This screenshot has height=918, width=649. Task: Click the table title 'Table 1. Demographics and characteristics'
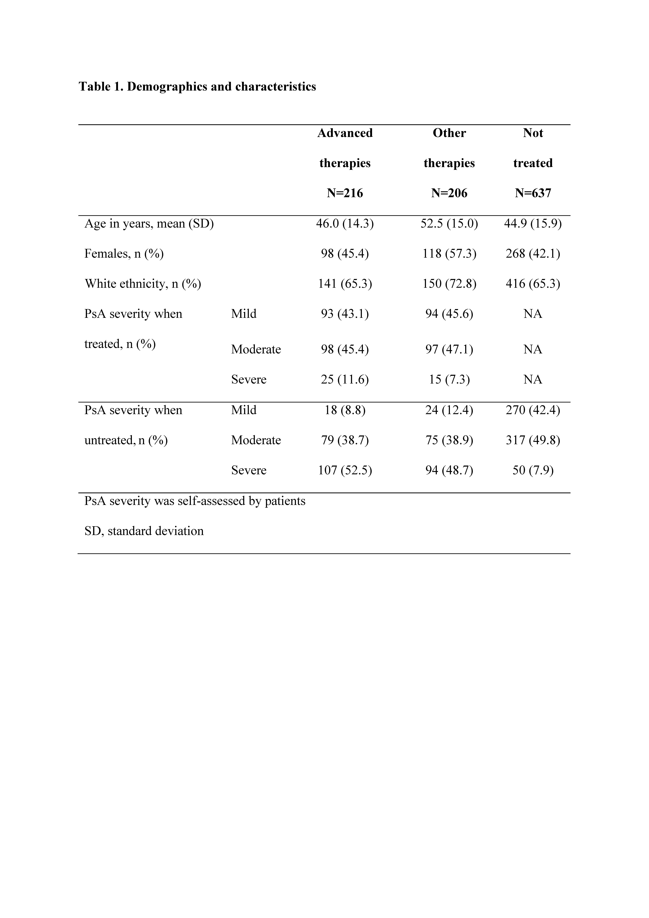click(x=197, y=87)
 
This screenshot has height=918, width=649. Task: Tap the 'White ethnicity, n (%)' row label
click(x=143, y=284)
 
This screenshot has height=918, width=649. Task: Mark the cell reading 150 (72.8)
click(x=449, y=284)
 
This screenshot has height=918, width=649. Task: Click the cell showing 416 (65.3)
click(x=533, y=284)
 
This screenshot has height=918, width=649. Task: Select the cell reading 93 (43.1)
click(x=345, y=314)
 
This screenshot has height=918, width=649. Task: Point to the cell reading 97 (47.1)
click(x=449, y=349)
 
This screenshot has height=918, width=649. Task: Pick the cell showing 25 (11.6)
click(x=345, y=379)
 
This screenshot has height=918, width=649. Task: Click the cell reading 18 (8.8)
click(x=345, y=410)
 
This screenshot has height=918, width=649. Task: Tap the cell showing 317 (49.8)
click(x=533, y=440)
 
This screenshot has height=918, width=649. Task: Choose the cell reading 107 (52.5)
click(x=345, y=470)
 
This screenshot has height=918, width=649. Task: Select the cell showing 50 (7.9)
click(x=533, y=470)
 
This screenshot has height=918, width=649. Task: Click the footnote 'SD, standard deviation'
click(x=144, y=531)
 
